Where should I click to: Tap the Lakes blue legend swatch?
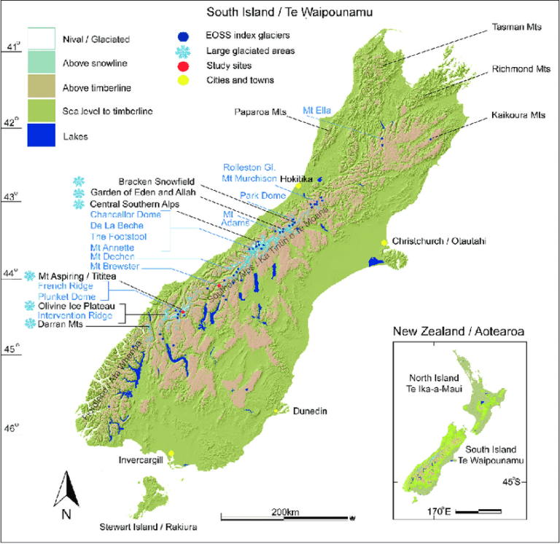point(42,135)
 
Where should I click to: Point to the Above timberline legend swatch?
point(42,90)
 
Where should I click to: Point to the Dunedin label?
point(309,411)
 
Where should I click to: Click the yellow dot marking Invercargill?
point(171,454)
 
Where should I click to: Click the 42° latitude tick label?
point(10,123)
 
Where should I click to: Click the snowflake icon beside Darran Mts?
point(30,323)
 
